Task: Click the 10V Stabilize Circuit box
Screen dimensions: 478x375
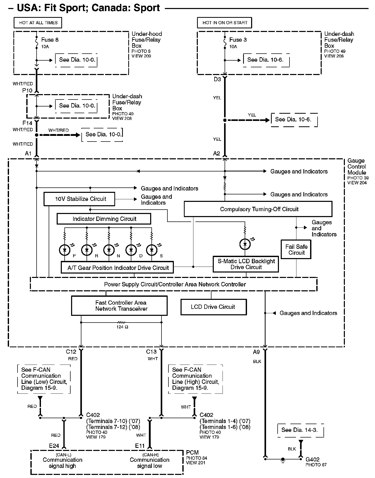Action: (x=79, y=199)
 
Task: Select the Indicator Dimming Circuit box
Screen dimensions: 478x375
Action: (x=104, y=219)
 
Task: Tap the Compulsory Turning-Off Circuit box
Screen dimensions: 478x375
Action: (x=258, y=209)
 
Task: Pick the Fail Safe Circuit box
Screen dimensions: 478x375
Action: (x=296, y=250)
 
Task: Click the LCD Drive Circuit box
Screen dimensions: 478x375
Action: (x=214, y=307)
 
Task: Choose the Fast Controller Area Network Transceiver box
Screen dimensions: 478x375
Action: (x=119, y=306)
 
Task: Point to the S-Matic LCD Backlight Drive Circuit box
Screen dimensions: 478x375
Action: (x=246, y=264)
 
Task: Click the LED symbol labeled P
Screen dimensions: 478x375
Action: (x=65, y=250)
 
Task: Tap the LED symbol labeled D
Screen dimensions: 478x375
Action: (x=131, y=250)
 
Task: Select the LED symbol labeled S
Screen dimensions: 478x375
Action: (x=152, y=250)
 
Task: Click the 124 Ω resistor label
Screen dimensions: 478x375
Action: (x=122, y=327)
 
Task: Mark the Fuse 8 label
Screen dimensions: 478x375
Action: (x=50, y=40)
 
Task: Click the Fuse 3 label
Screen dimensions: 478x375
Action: (x=238, y=40)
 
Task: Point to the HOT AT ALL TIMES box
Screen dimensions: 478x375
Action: (x=38, y=23)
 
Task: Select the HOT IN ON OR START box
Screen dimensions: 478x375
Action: (x=225, y=23)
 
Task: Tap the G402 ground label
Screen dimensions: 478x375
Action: (x=312, y=459)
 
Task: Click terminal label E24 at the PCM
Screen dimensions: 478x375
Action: (x=54, y=445)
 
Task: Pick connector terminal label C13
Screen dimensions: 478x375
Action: (x=151, y=352)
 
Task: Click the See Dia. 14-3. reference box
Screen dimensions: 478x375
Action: (x=300, y=430)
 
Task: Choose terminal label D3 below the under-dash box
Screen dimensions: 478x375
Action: (x=217, y=79)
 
